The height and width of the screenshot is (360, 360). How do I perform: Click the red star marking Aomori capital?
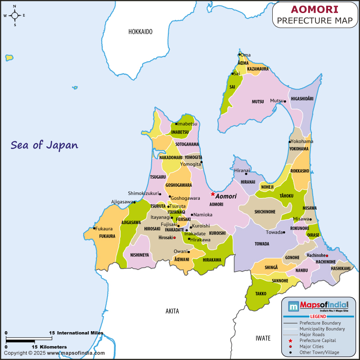[x=213, y=194]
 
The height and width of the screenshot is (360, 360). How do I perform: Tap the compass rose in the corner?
[x=14, y=15]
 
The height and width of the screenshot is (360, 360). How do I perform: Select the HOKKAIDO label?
[x=140, y=31]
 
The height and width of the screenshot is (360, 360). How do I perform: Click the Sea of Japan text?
[x=45, y=145]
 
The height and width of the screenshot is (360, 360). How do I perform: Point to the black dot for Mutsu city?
[x=285, y=101]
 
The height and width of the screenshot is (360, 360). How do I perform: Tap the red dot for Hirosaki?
[x=174, y=237]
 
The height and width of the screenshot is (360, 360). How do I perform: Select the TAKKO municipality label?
[x=261, y=293]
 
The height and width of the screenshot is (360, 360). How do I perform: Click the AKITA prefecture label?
[x=172, y=311]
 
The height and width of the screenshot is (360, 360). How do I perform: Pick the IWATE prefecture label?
[x=263, y=338]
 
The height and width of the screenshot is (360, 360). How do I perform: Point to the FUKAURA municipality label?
[x=107, y=236]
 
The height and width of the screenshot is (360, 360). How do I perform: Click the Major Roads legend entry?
[x=314, y=334]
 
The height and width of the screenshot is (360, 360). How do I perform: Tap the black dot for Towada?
[x=284, y=233]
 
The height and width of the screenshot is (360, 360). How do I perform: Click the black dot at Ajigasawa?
[x=134, y=202]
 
